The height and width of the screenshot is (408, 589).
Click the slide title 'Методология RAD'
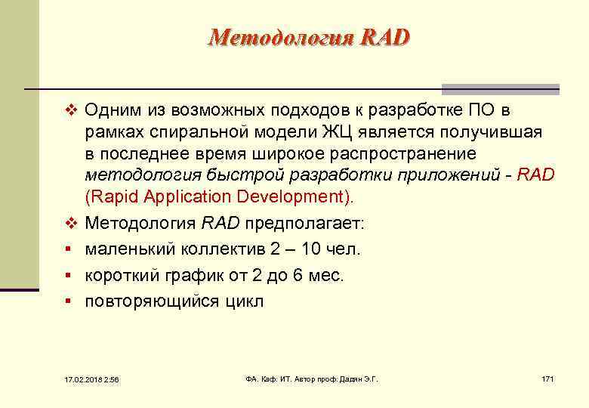[309, 37]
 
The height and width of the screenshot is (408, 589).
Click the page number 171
[547, 379]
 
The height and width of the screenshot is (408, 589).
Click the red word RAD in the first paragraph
[535, 175]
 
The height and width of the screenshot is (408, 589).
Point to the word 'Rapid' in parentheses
[113, 197]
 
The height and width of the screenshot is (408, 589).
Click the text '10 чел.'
[332, 249]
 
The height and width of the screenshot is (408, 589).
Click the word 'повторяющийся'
[150, 301]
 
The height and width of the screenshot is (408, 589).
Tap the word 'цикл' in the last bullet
[243, 301]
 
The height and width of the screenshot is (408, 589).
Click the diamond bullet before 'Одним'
[72, 111]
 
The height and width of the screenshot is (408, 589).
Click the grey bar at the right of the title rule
[500, 88]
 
